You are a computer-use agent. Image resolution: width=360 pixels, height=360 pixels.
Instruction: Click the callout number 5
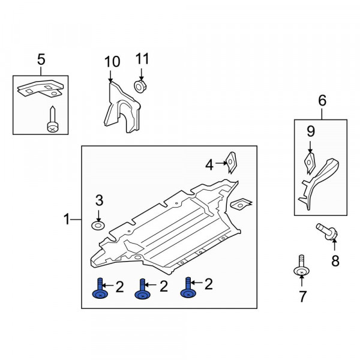pyautogui.click(x=41, y=59)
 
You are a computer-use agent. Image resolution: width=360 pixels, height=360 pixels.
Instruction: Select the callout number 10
pyautogui.click(x=112, y=62)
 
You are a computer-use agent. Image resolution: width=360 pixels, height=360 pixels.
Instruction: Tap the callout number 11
pyautogui.click(x=142, y=59)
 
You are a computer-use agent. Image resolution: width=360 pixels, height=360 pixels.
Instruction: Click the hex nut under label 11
pyautogui.click(x=140, y=86)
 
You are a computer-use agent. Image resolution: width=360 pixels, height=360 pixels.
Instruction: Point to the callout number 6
pyautogui.click(x=322, y=100)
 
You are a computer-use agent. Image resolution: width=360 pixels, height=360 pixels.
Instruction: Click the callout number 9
pyautogui.click(x=311, y=131)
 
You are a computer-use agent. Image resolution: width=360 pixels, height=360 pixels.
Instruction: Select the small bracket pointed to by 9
pyautogui.click(x=310, y=163)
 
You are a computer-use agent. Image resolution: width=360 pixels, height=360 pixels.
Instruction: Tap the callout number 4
pyautogui.click(x=209, y=165)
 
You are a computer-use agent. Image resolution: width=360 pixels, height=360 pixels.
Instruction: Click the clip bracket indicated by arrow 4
pyautogui.click(x=232, y=163)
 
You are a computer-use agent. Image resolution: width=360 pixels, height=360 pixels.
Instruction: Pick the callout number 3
pyautogui.click(x=99, y=200)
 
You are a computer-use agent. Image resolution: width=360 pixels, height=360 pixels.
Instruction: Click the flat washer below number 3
pyautogui.click(x=98, y=226)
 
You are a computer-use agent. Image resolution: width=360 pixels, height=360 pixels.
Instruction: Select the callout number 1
pyautogui.click(x=67, y=219)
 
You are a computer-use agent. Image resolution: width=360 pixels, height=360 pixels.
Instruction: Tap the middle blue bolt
pyautogui.click(x=143, y=289)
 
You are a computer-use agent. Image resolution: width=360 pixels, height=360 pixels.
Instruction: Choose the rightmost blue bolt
pyautogui.click(x=188, y=287)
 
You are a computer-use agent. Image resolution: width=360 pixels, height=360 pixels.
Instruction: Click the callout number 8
pyautogui.click(x=335, y=261)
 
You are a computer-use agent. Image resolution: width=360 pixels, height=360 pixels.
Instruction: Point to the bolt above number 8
pyautogui.click(x=327, y=232)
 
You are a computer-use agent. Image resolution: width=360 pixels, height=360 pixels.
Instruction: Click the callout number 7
pyautogui.click(x=302, y=296)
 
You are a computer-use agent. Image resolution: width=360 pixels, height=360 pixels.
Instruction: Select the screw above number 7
pyautogui.click(x=301, y=266)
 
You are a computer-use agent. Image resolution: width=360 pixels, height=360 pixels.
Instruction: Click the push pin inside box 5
pyautogui.click(x=53, y=119)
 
